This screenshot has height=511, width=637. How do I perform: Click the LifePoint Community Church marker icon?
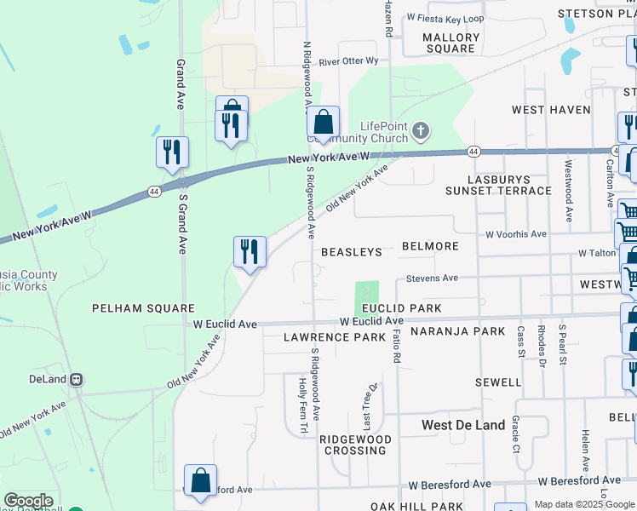coord(420,131)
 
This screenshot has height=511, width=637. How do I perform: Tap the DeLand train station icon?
coord(76,379)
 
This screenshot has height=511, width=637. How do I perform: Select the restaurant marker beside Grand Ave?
coord(172,152)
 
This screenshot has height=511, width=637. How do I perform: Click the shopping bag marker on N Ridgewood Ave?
coord(323,123)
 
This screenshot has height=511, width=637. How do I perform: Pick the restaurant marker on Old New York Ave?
coord(250,252)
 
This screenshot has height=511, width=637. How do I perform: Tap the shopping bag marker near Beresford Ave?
coord(200,480)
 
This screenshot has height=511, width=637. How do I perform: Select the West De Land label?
coord(463,424)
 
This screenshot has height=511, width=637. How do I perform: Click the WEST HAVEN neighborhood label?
coord(550,110)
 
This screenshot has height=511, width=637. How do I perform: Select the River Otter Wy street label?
coord(348,61)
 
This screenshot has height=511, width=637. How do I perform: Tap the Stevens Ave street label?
coord(432,278)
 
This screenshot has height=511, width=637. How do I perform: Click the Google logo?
coord(28,501)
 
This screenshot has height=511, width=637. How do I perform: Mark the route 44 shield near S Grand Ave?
coord(153,191)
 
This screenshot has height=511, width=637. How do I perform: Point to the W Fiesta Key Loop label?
coord(445,18)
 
